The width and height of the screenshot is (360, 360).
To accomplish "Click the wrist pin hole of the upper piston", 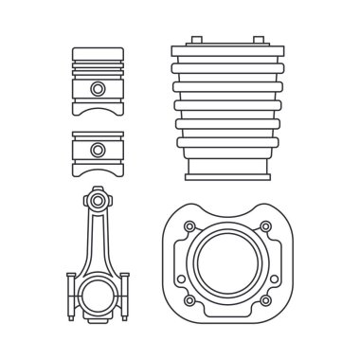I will (x=99, y=88).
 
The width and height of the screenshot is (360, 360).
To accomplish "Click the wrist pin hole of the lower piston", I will (x=98, y=149).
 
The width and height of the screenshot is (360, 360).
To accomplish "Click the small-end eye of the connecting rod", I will (x=98, y=201).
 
